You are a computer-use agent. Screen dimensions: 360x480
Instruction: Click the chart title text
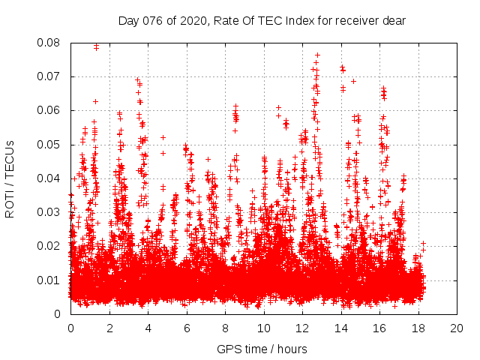click(x=262, y=21)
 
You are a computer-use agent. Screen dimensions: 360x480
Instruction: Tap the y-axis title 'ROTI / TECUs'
click(x=10, y=178)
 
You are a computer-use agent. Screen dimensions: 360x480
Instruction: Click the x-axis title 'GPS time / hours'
click(x=262, y=349)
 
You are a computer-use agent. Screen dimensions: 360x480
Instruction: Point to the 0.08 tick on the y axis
click(x=49, y=43)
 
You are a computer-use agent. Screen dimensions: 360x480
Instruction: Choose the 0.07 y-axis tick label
click(x=49, y=76)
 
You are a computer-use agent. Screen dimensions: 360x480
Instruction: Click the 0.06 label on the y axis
click(x=49, y=110)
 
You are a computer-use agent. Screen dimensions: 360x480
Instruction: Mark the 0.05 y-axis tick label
click(x=49, y=145)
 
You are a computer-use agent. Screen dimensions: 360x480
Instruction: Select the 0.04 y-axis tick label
click(x=49, y=178)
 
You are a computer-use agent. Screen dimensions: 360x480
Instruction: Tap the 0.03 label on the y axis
click(x=49, y=212)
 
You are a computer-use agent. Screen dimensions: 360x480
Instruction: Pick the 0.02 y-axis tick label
click(x=49, y=246)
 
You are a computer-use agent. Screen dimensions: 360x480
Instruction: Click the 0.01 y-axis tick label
click(x=49, y=280)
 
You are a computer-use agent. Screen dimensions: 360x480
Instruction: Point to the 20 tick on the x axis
click(x=457, y=328)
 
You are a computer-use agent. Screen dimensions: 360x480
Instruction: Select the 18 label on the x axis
click(x=418, y=328)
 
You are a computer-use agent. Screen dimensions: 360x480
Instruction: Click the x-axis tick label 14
click(x=340, y=328)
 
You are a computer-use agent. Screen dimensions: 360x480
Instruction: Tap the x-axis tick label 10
click(x=263, y=328)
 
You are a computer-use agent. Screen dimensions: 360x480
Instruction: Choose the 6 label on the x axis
click(x=186, y=328)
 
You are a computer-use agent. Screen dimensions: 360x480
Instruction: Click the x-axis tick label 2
click(x=109, y=328)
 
